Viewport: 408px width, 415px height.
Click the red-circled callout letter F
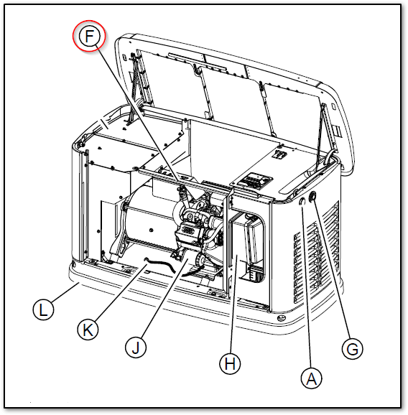pos(89,37)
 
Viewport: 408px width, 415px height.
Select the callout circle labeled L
pos(45,309)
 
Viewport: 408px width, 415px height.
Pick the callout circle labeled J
pos(136,348)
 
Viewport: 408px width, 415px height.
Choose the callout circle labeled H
pos(228,364)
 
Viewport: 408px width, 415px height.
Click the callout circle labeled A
pos(310,378)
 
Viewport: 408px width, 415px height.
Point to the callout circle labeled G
pos(351,350)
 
